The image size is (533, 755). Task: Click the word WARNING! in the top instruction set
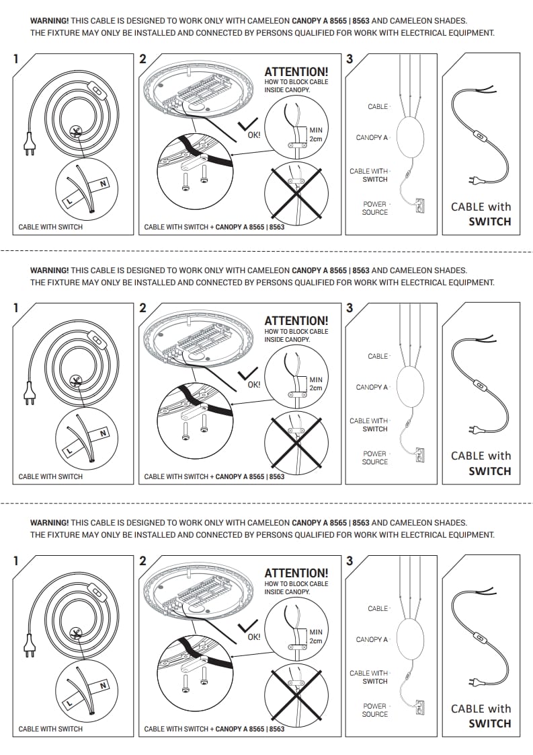pos(49,21)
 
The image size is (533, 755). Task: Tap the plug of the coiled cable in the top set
pos(29,143)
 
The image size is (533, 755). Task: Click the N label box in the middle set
pos(103,433)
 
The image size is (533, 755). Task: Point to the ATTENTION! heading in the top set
pos(296,72)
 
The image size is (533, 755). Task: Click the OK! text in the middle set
pos(253,385)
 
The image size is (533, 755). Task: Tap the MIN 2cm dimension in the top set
pos(315,134)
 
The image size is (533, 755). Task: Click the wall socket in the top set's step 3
pos(421,203)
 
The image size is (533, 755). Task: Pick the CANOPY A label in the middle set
pos(372,388)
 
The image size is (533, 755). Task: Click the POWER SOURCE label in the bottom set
pos(374,710)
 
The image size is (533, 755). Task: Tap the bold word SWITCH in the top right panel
pos(489,221)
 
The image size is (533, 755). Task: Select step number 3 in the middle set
pos(349,309)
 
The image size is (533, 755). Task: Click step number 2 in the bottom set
pos(142,561)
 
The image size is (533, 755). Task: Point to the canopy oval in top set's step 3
pos(410,137)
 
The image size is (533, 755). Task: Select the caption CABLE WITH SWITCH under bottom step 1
pos(50,729)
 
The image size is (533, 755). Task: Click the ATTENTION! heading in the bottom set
pos(296,573)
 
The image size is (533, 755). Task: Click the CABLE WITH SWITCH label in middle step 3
pos(368,425)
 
